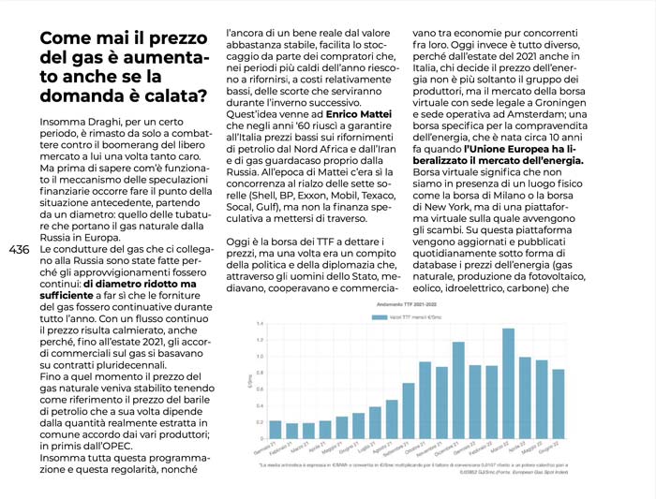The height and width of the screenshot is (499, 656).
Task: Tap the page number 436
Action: point(19,250)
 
